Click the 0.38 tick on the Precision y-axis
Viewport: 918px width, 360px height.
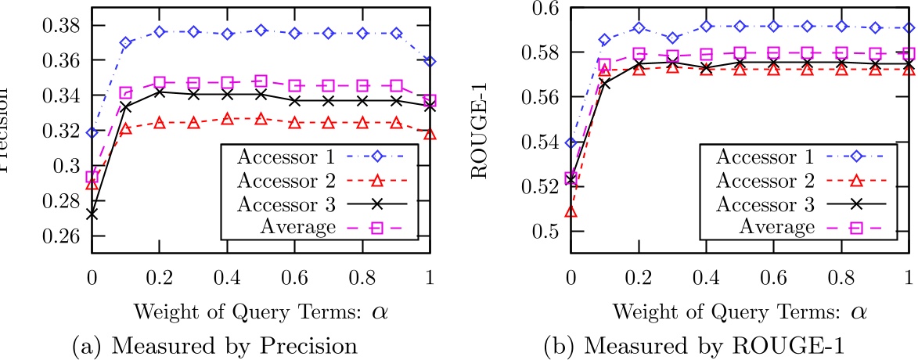point(63,24)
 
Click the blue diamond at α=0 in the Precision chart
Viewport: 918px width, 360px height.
point(92,132)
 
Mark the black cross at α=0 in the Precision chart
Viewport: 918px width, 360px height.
point(92,213)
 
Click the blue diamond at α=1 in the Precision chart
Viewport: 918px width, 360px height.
point(430,61)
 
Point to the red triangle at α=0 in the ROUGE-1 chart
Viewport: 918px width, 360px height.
point(571,211)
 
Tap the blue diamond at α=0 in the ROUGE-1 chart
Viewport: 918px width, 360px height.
point(571,142)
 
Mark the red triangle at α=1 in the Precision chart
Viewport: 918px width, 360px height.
point(430,133)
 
